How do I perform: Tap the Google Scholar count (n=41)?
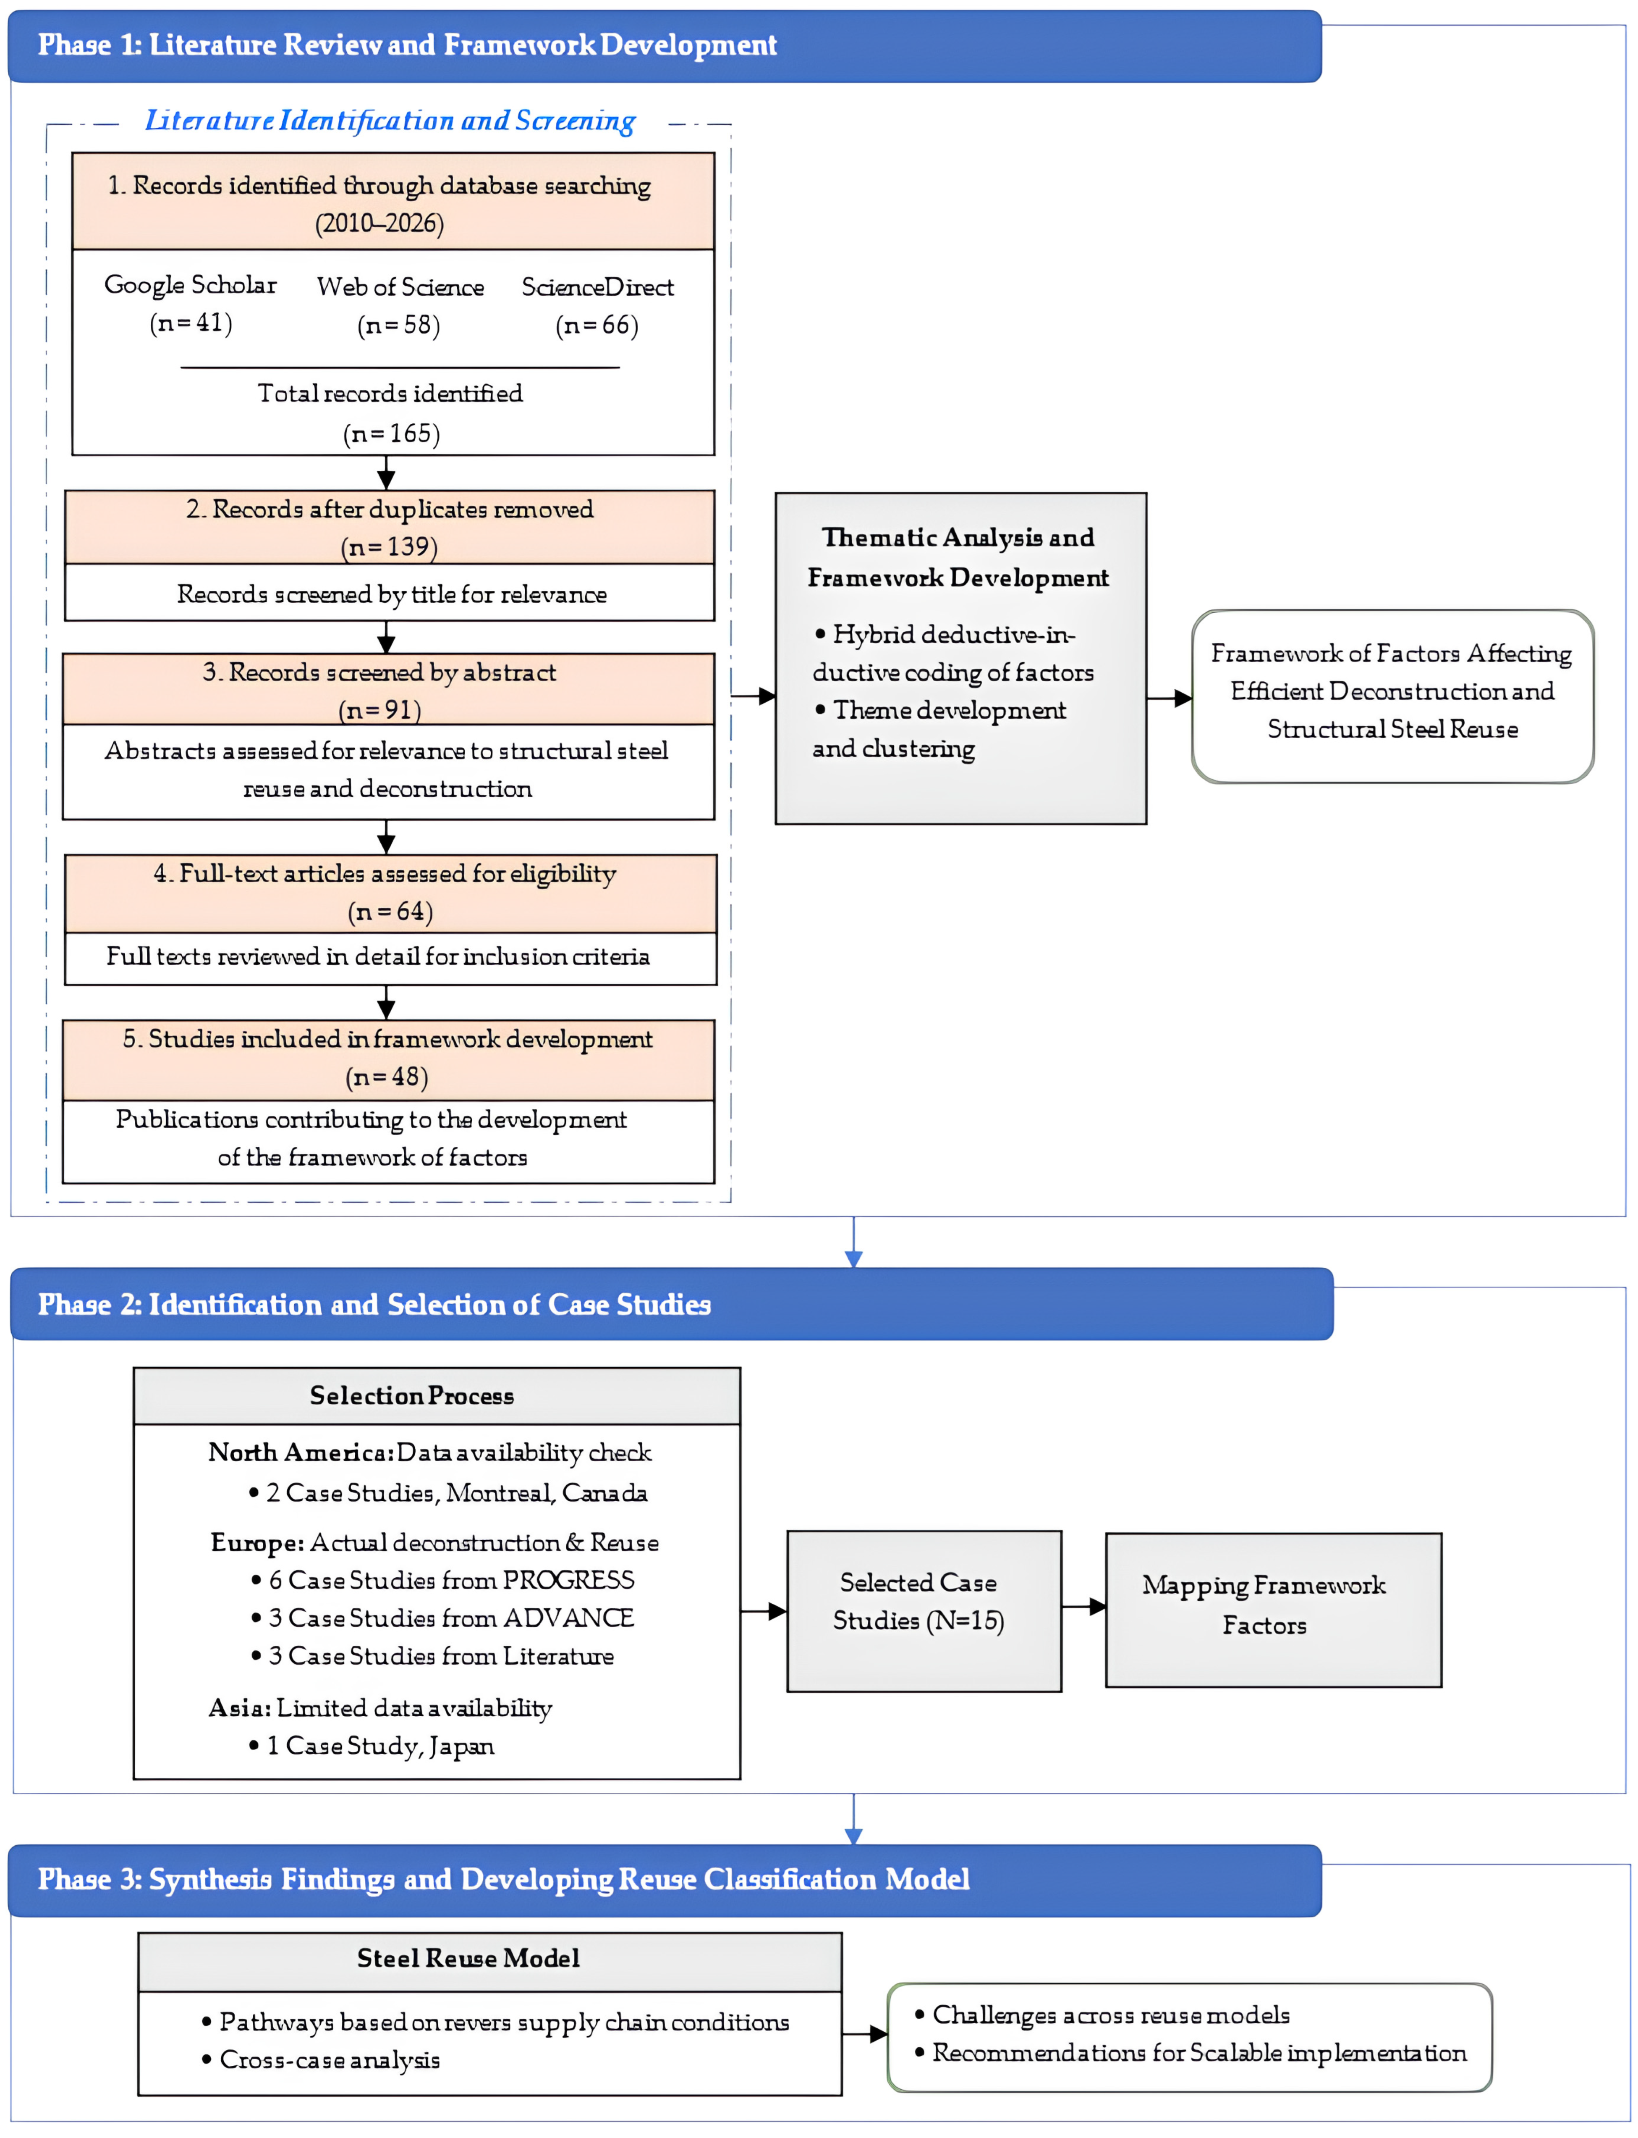pos(191,323)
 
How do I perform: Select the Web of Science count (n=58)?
pos(399,325)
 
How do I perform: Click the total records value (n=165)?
pos(391,433)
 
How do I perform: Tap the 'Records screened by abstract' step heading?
pos(379,672)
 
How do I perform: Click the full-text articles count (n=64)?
pos(390,911)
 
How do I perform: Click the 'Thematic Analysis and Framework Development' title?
pos(958,557)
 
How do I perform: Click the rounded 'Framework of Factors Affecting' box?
pos(1392,696)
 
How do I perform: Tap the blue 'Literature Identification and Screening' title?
pos(390,120)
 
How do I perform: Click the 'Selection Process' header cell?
pos(437,1396)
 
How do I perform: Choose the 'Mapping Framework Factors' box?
pos(1273,1610)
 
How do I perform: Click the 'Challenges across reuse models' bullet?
pos(1103,2015)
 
